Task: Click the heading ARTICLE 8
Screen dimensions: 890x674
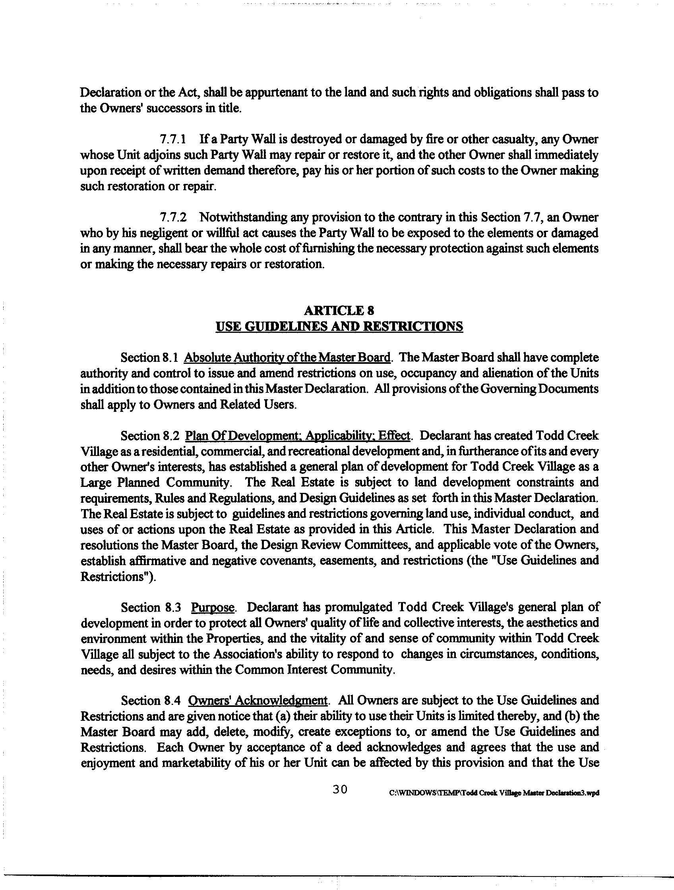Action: (x=339, y=310)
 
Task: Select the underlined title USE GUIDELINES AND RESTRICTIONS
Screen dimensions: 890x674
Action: (x=339, y=326)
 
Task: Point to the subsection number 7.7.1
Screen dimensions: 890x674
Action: (x=173, y=139)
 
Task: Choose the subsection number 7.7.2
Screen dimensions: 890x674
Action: (x=173, y=218)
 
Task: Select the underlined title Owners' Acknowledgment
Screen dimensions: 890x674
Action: (x=258, y=701)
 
